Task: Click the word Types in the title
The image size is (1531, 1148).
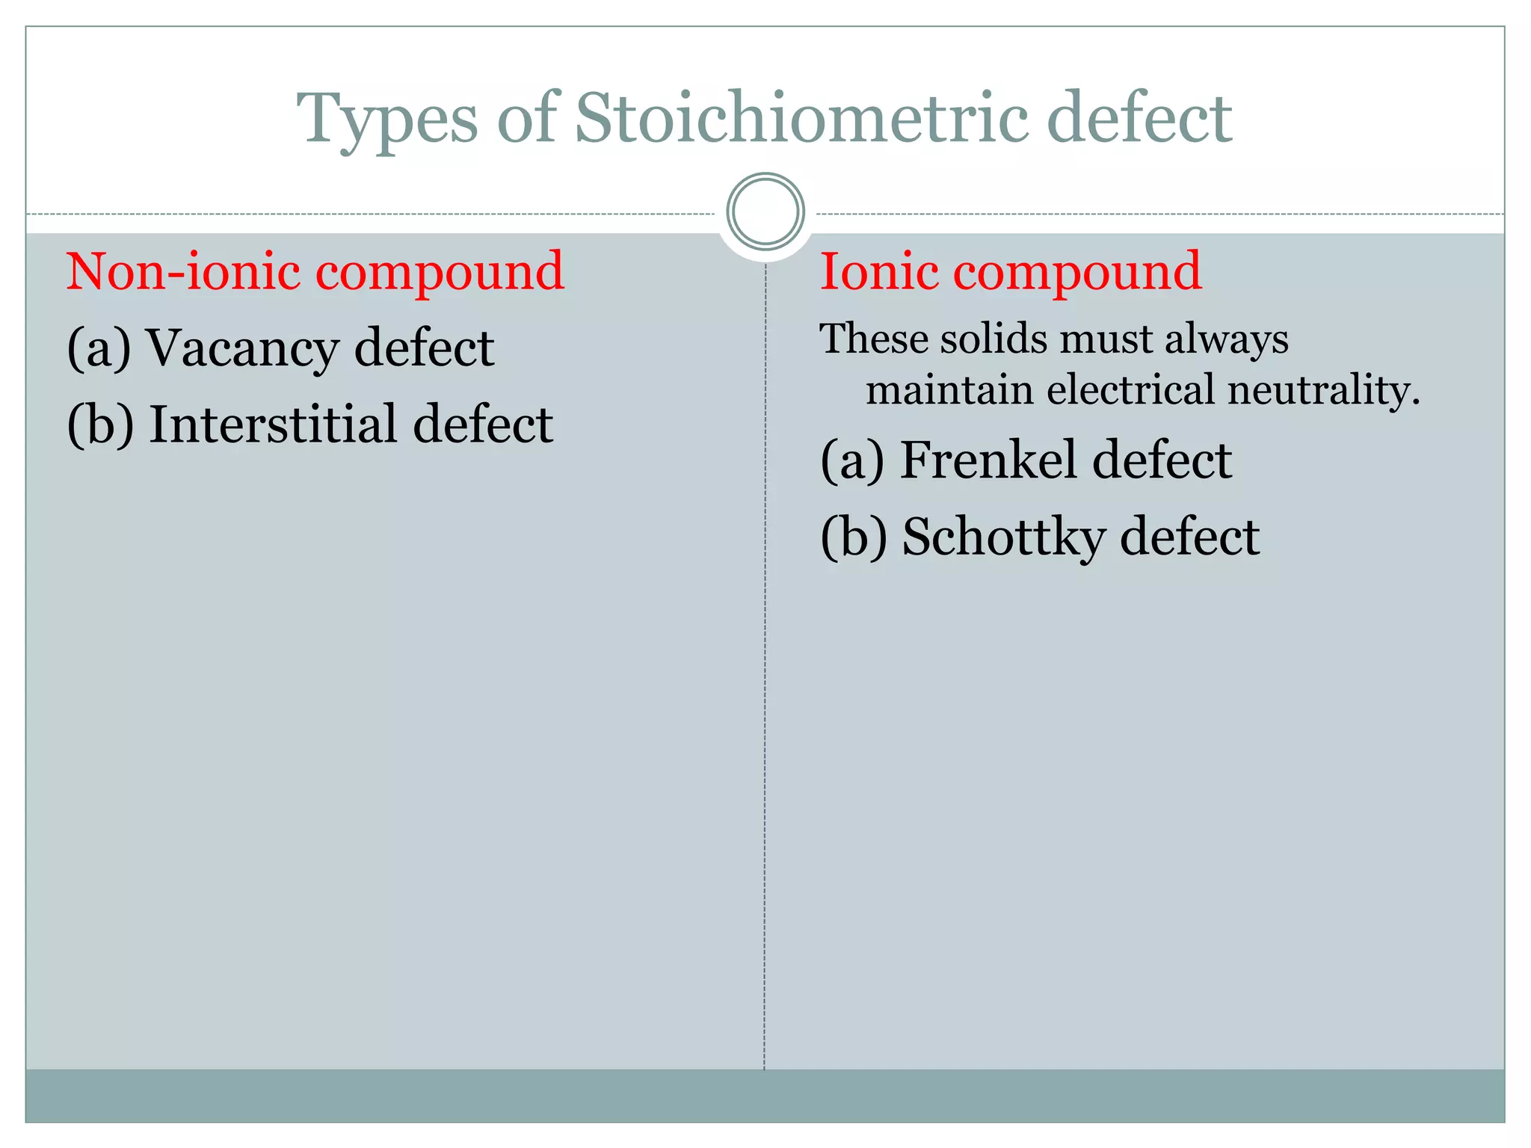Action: (387, 120)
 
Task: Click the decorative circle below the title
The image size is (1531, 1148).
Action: (765, 212)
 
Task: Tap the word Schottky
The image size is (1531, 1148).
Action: (1002, 537)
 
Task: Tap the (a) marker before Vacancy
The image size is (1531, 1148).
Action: (99, 349)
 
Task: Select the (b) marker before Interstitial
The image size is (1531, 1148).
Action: (100, 425)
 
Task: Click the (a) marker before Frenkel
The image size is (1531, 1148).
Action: (852, 460)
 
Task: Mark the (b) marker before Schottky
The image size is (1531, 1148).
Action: (854, 537)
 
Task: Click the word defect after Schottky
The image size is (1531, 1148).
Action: (1189, 537)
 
